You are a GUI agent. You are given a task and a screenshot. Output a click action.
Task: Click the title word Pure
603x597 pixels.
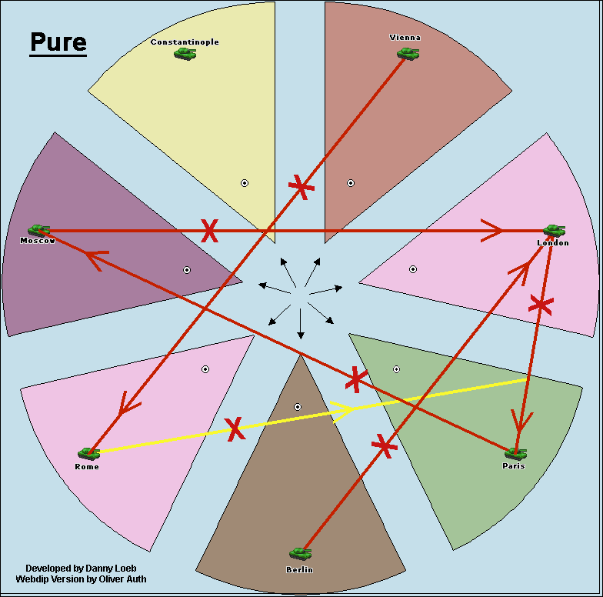(58, 42)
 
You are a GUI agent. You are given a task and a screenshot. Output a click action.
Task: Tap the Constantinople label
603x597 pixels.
(185, 42)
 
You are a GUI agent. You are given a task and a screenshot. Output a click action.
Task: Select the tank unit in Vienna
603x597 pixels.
(408, 53)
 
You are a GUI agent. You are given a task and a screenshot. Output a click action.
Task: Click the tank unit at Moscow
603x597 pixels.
(38, 229)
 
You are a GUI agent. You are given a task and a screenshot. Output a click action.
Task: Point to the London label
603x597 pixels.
(553, 243)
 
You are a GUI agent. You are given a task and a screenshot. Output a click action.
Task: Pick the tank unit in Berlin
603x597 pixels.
(300, 553)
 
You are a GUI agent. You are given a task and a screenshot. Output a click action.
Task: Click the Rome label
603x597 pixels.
(87, 467)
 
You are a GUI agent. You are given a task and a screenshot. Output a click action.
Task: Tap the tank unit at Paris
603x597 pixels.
(515, 453)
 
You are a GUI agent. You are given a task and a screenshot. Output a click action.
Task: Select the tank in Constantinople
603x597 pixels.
(185, 54)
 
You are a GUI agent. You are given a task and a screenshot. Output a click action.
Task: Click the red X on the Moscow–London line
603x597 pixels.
(209, 230)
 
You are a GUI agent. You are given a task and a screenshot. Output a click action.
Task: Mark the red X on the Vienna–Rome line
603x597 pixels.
(301, 186)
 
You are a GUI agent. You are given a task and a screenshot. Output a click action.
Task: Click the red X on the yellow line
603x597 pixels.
(235, 429)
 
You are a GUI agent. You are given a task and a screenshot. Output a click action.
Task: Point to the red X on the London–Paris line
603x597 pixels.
(541, 305)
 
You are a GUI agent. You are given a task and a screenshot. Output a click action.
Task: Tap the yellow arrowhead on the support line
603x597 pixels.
(344, 409)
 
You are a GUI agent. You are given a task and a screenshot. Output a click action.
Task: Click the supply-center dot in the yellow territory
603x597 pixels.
(245, 183)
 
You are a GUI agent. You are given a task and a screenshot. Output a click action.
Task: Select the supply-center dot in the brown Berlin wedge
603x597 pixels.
(298, 406)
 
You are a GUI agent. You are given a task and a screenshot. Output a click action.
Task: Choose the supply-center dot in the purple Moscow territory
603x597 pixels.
(186, 270)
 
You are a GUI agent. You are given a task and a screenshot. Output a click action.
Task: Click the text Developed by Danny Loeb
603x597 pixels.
(71, 568)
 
